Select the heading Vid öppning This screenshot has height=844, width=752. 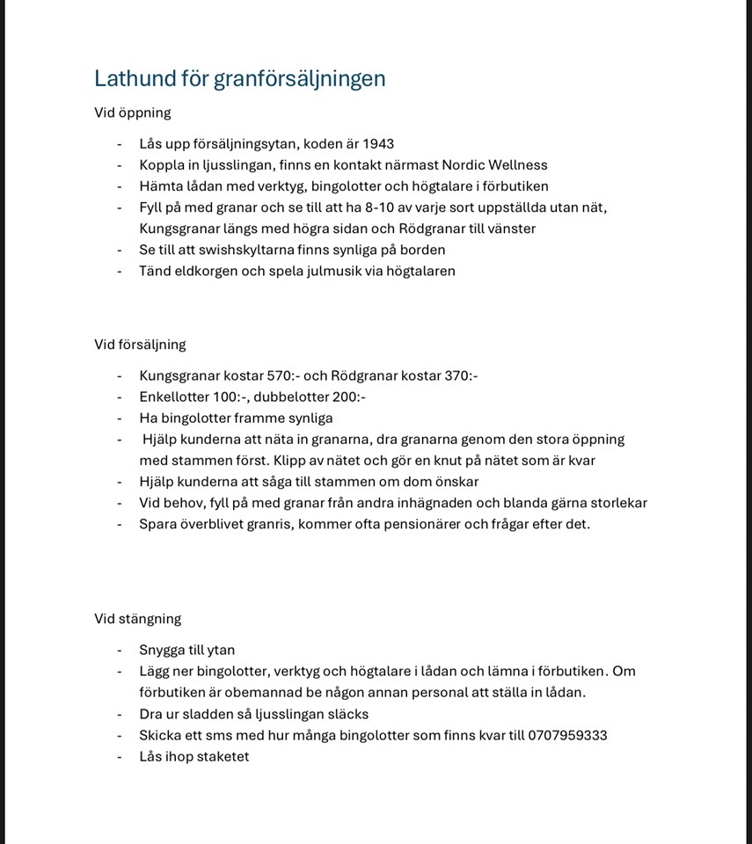[133, 113]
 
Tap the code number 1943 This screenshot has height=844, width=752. [378, 144]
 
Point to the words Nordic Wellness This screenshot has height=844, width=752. [494, 165]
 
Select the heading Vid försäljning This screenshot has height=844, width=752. [140, 345]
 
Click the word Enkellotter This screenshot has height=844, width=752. [174, 397]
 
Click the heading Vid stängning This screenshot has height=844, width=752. [137, 619]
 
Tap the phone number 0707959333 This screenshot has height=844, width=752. [567, 735]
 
